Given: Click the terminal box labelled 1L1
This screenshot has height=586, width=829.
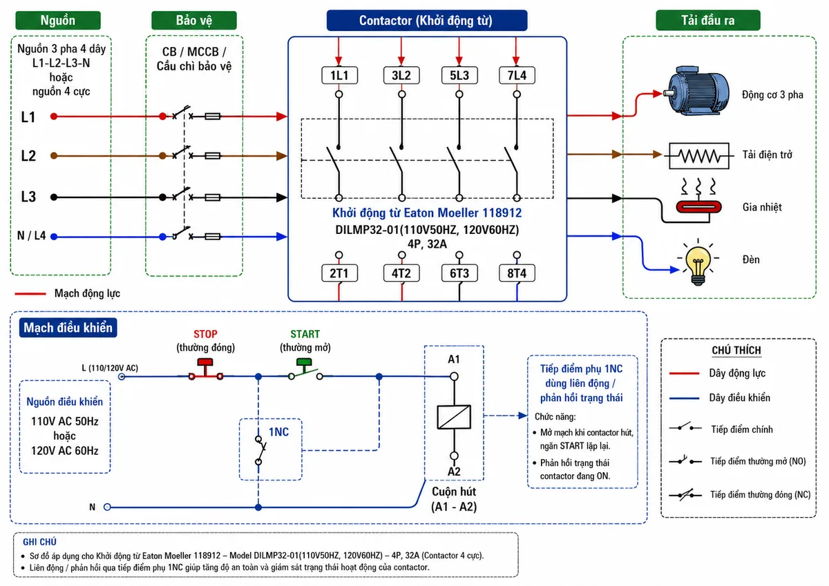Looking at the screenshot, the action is (x=339, y=75).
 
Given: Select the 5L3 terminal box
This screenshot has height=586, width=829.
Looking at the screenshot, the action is (x=459, y=75).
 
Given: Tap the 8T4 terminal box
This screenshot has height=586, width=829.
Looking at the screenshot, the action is (x=517, y=273).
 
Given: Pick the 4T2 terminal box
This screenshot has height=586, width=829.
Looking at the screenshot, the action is (x=401, y=273).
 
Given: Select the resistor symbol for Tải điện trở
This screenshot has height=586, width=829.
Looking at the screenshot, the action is (x=699, y=156).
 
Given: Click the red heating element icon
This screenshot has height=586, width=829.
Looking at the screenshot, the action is (x=698, y=206).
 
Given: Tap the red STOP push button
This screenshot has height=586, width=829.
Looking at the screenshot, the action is (x=205, y=369).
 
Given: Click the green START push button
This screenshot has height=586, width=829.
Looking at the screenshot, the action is (x=304, y=366).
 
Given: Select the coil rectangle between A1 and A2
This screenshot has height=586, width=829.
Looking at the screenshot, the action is (x=454, y=417).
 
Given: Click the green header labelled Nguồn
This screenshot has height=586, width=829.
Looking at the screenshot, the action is (x=58, y=20).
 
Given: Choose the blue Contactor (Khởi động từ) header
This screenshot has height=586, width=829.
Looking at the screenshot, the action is (x=427, y=20).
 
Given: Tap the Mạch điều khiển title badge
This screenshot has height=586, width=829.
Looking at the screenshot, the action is (x=68, y=328).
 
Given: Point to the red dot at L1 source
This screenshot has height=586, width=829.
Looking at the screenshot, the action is (x=54, y=117).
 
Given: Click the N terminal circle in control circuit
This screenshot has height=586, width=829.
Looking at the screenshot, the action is (x=107, y=507).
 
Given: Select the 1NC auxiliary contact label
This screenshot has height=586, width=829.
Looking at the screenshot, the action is (x=278, y=432).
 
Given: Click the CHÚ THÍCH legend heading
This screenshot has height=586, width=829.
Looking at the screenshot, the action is (x=736, y=350).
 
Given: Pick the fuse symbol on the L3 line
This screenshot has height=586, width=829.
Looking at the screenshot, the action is (x=213, y=197).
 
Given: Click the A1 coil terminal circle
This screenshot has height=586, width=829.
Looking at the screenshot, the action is (x=454, y=376).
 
